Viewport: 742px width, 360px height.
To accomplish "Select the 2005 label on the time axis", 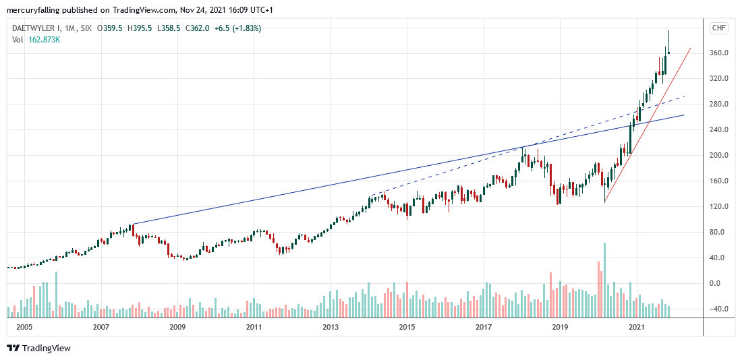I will [24, 327].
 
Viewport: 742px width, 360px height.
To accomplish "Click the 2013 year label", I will [331, 327].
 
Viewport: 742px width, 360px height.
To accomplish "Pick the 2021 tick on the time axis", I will [635, 327].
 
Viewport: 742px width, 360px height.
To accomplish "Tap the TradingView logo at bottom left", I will [38, 348].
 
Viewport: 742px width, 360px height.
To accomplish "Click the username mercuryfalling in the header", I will [34, 10].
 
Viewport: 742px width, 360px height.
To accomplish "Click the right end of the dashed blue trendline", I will [684, 96].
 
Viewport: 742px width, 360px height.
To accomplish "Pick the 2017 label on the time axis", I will [483, 327].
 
